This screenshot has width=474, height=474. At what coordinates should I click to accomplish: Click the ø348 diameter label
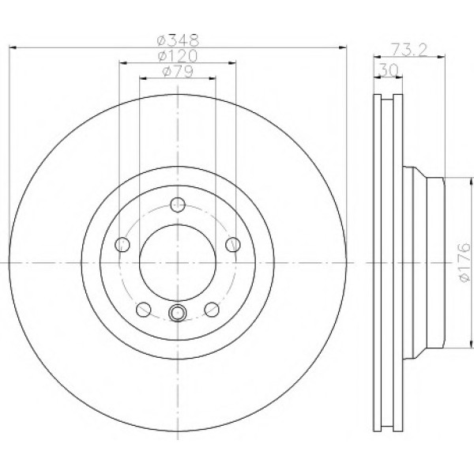click(178, 40)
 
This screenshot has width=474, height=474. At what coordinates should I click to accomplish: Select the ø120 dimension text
click(178, 55)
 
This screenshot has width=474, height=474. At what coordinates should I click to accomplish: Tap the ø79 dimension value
click(178, 71)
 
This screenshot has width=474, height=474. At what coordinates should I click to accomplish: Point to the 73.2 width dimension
click(409, 50)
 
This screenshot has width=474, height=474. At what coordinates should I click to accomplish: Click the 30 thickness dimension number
click(388, 71)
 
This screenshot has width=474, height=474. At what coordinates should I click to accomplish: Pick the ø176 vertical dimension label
click(465, 262)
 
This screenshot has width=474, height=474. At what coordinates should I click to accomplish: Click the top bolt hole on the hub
click(178, 205)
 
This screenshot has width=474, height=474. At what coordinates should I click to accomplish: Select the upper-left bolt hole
click(122, 245)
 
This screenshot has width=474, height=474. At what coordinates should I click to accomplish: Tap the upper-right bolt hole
click(233, 245)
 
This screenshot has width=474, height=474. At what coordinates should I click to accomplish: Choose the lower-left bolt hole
click(144, 309)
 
